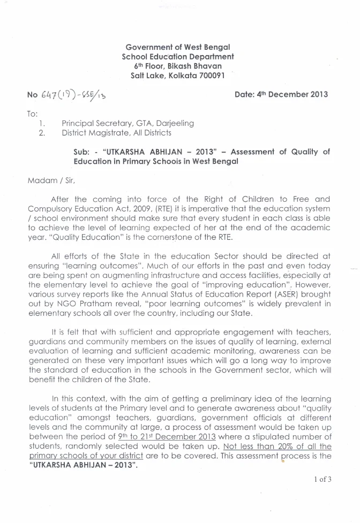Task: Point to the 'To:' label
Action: click(33, 114)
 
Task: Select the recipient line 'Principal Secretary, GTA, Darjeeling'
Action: click(127, 123)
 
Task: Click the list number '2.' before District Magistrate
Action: click(42, 132)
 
